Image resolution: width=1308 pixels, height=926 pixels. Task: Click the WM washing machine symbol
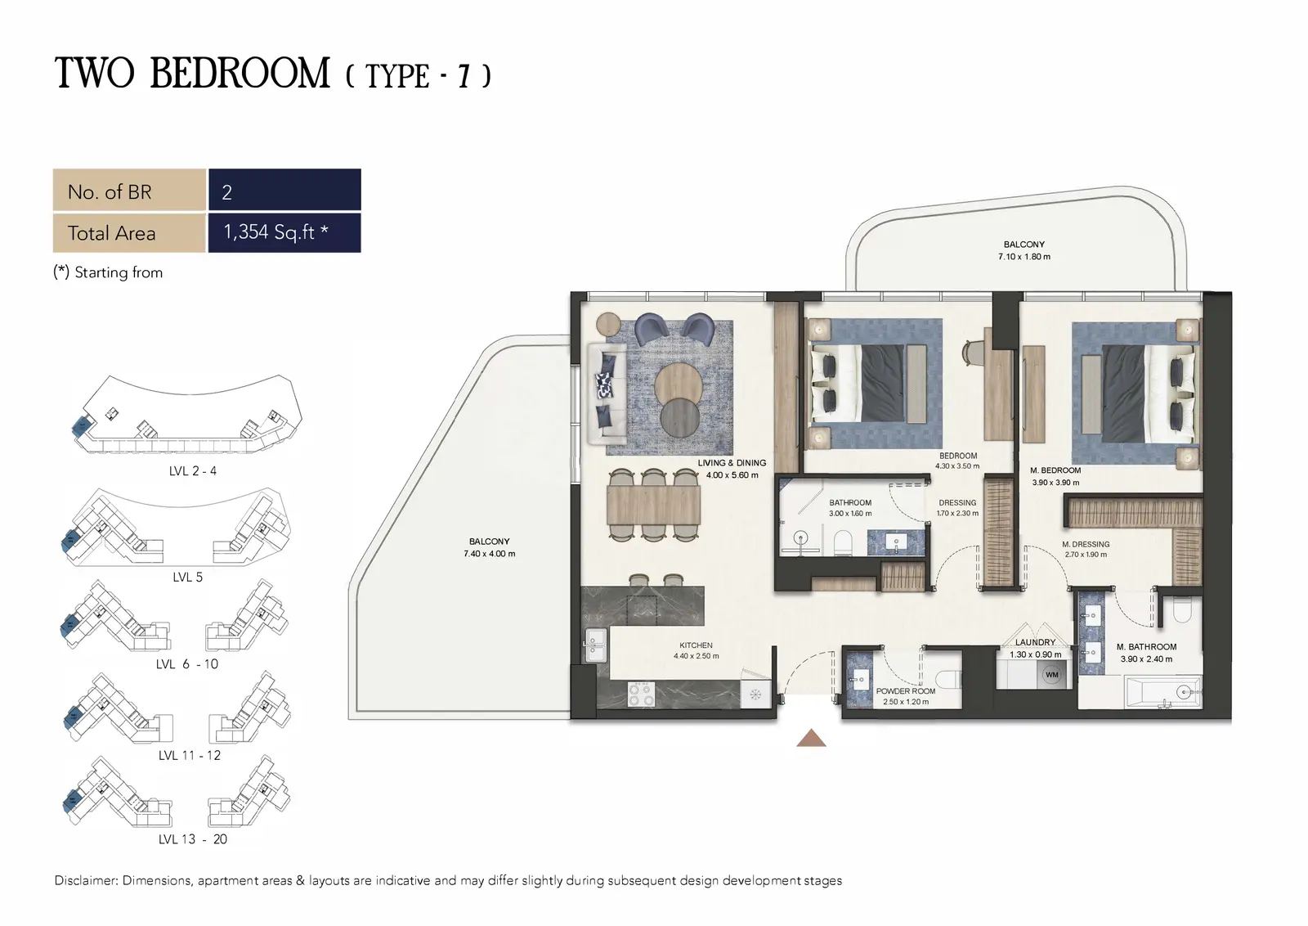point(1051,675)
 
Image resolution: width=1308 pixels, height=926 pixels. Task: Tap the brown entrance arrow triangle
point(811,739)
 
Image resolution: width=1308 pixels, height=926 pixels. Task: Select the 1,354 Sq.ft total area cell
point(284,232)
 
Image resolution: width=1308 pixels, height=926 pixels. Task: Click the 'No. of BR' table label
point(110,192)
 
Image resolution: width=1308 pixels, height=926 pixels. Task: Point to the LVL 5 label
point(187,578)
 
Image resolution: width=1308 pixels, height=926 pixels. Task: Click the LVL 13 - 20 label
point(193,839)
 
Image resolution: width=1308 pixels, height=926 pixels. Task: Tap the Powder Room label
point(906,691)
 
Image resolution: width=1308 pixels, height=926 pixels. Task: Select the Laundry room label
point(1035,642)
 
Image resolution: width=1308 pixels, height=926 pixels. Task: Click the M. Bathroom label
point(1146,647)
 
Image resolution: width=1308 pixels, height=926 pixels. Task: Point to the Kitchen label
point(696,645)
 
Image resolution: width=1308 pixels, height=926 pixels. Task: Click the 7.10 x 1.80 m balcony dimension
point(1024,257)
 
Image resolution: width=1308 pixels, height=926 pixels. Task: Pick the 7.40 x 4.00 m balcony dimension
point(490,554)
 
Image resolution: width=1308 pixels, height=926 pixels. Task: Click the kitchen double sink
point(596,645)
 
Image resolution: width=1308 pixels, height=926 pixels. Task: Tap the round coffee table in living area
point(678,386)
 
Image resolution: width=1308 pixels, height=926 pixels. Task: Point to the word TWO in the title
point(95,74)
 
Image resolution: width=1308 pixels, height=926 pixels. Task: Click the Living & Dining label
point(732,463)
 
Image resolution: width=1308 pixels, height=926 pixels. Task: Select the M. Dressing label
point(1086,544)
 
